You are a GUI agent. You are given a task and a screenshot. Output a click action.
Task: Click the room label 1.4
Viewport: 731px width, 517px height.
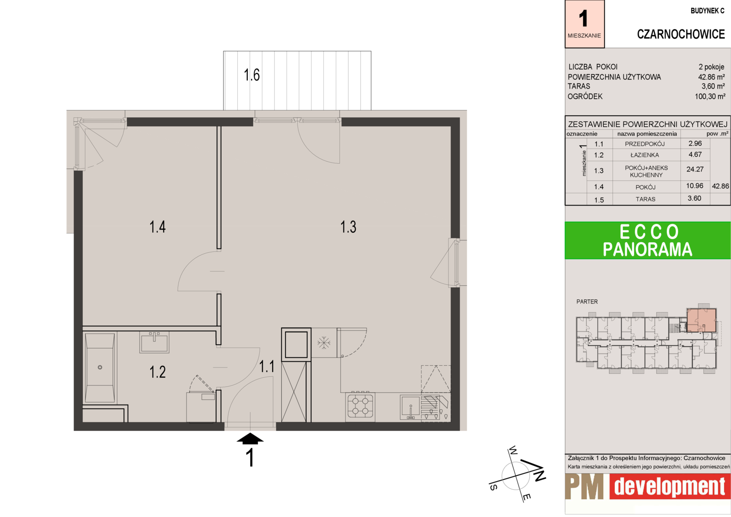click(x=157, y=226)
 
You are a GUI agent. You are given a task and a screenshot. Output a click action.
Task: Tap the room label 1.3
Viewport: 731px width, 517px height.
click(x=348, y=226)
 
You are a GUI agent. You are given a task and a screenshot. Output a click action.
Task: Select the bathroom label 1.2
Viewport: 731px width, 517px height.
click(x=157, y=372)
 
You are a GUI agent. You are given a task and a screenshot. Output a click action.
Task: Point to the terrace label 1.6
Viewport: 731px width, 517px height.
click(x=252, y=75)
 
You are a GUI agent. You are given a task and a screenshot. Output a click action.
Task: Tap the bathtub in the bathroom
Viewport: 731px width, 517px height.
click(x=100, y=368)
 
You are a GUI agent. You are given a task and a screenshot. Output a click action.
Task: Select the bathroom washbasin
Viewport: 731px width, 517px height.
click(x=155, y=342)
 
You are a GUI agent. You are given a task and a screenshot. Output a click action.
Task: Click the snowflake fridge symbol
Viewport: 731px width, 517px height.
click(x=324, y=343)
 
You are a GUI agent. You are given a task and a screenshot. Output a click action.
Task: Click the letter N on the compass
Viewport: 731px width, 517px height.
click(x=539, y=474)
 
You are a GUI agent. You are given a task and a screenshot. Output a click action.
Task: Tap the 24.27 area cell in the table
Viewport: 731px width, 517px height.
click(x=695, y=169)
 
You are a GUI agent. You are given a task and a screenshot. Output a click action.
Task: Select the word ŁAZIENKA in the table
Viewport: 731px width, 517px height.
click(x=644, y=155)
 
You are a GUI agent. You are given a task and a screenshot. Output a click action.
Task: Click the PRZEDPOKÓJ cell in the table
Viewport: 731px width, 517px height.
click(x=644, y=144)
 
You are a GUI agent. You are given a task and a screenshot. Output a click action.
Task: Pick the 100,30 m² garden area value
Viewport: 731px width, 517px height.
click(x=710, y=96)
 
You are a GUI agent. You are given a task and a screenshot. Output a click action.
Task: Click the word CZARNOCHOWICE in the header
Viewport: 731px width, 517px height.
click(x=681, y=34)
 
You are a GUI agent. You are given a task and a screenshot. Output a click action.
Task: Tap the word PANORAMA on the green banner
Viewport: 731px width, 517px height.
click(x=647, y=249)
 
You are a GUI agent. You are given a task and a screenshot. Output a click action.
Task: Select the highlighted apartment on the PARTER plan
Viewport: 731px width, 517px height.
click(x=701, y=320)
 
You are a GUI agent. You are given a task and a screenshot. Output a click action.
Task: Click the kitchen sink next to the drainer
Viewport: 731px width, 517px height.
click(x=410, y=407)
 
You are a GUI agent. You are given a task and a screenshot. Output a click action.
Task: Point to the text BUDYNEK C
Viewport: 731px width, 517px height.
click(x=708, y=11)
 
